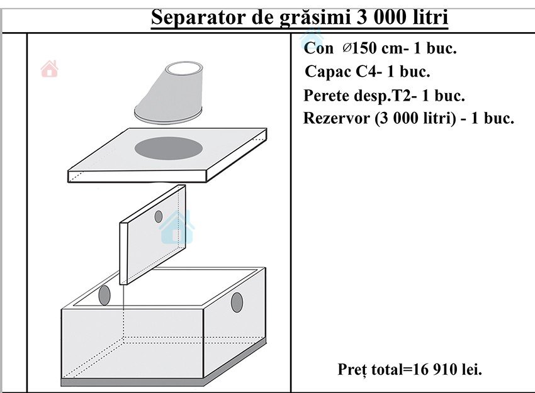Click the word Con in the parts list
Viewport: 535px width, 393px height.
pyautogui.click(x=318, y=48)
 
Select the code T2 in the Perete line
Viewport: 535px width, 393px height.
pyautogui.click(x=403, y=96)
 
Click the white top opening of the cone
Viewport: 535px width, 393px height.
pyautogui.click(x=184, y=69)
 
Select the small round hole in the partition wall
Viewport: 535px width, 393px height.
pyautogui.click(x=159, y=216)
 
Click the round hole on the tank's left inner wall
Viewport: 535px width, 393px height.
pyautogui.click(x=104, y=295)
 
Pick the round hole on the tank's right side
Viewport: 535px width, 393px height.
pyautogui.click(x=237, y=302)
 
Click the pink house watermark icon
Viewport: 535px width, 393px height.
pyautogui.click(x=50, y=69)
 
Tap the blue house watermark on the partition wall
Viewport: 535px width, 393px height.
pyautogui.click(x=177, y=228)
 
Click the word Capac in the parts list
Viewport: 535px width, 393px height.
pyautogui.click(x=328, y=72)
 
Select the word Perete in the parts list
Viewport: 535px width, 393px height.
pyautogui.click(x=327, y=96)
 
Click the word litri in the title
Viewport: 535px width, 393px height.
pyautogui.click(x=431, y=17)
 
